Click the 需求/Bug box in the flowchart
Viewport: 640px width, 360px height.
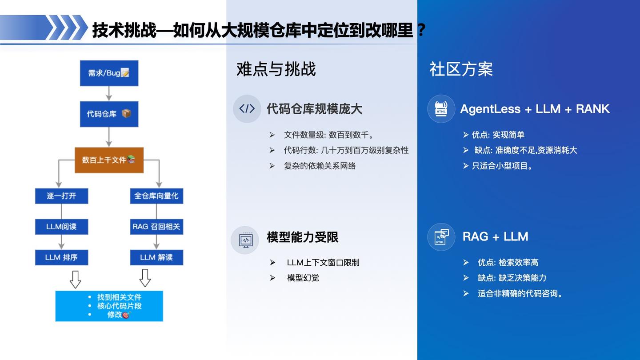[109, 73]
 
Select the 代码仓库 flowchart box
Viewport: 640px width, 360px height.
[109, 114]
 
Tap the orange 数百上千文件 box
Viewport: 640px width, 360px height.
[109, 160]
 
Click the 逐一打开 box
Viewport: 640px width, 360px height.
[61, 196]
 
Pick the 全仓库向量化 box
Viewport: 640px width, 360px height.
[156, 196]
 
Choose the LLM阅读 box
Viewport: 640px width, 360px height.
[61, 227]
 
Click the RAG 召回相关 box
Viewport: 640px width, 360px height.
[156, 227]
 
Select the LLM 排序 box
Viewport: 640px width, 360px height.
[61, 257]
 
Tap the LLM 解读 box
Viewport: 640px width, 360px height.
[156, 257]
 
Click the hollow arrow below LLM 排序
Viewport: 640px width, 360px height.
[76, 280]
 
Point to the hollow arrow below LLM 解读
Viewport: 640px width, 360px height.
[145, 278]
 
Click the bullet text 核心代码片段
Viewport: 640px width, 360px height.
[120, 306]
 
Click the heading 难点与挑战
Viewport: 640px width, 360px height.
[276, 69]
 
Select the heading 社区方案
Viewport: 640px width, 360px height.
[461, 69]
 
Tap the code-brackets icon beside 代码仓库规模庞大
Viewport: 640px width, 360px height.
[247, 109]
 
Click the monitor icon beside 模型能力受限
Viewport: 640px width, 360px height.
[245, 240]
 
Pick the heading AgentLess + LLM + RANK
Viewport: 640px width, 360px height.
[535, 109]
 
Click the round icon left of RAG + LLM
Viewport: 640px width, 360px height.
[441, 237]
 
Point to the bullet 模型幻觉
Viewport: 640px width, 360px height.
[303, 278]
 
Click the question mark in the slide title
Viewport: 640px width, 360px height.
[421, 30]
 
